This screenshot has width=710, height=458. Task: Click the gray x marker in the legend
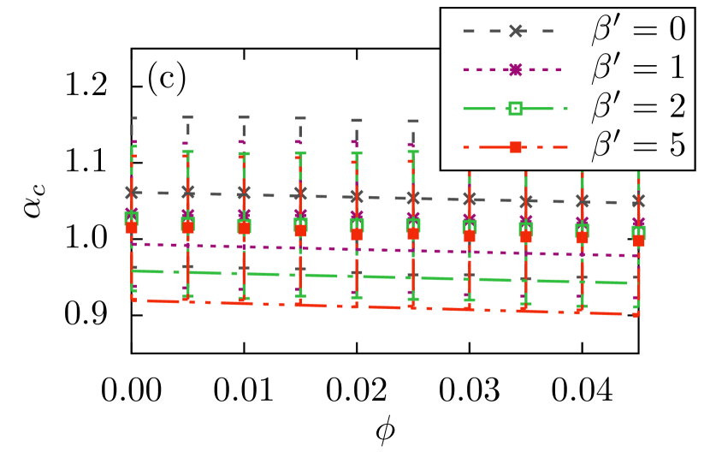tap(516, 31)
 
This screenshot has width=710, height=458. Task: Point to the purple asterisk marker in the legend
tap(516, 69)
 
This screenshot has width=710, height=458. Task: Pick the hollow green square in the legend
tap(516, 108)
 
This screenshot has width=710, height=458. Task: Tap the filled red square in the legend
tap(516, 147)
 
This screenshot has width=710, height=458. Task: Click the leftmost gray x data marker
tap(132, 192)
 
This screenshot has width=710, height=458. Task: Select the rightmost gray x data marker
tap(638, 200)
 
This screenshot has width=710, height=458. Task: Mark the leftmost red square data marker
tap(132, 228)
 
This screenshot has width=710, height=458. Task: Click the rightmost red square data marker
tap(638, 241)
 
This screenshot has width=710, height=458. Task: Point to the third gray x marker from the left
tap(244, 193)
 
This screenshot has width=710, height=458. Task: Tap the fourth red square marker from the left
tap(300, 230)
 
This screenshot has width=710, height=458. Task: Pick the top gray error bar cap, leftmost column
tap(133, 118)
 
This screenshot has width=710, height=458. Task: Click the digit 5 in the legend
tap(676, 147)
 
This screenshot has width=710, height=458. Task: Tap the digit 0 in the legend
tap(676, 31)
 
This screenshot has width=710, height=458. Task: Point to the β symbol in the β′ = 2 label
tap(603, 110)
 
